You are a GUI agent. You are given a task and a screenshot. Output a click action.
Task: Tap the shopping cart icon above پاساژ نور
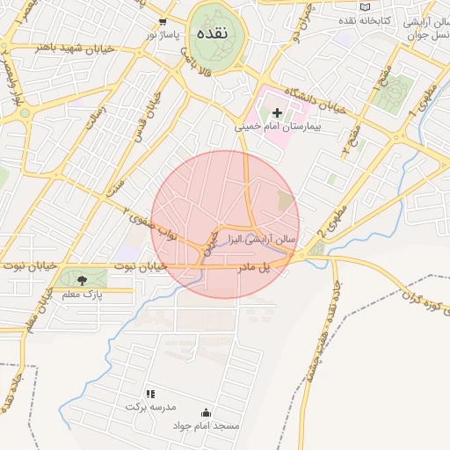pos(163,21)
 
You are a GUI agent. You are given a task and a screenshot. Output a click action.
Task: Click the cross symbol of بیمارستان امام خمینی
pos(278,112)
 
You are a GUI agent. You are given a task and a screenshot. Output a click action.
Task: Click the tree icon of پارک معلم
pos(82,280)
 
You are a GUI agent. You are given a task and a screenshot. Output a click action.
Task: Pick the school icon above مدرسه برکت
pos(150,394)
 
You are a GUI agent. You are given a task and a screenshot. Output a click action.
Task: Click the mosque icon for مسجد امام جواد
pos(206,412)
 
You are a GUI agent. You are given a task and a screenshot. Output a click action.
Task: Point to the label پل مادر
pos(251,265)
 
